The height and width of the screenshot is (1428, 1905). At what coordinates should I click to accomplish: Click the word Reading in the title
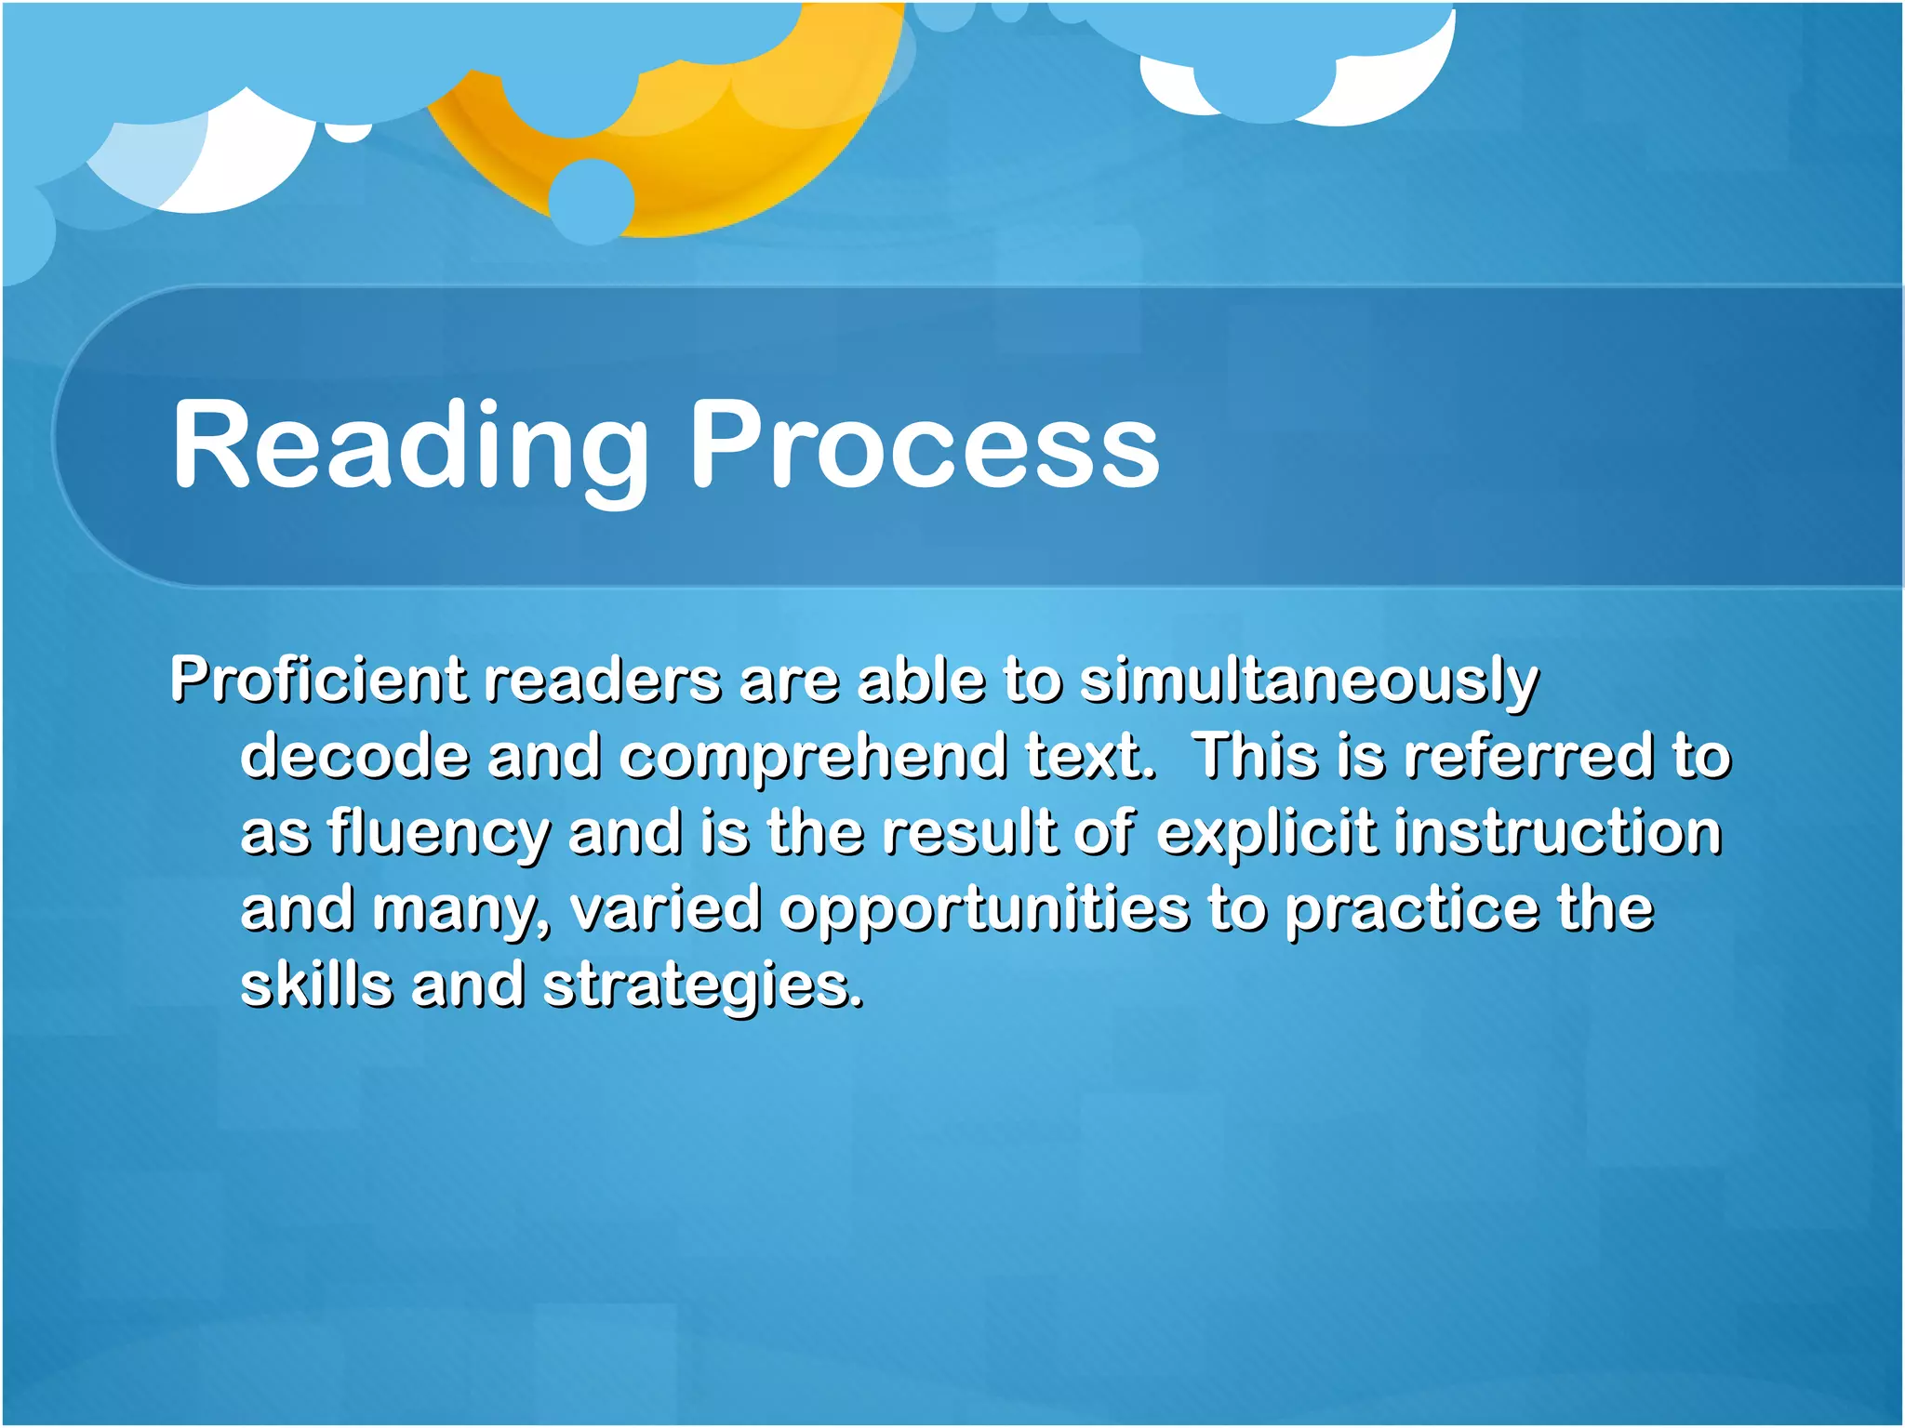coord(409,444)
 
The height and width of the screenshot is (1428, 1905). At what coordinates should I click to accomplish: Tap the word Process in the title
coord(925,444)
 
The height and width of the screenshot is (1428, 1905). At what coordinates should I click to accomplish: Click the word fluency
coord(438,834)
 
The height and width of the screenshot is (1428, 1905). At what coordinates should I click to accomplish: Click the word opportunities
coord(985,910)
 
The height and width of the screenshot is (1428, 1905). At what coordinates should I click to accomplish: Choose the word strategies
coord(702,986)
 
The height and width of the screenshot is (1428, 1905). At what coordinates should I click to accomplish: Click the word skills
coord(317,985)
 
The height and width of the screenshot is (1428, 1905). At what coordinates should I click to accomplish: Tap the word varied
coord(666,908)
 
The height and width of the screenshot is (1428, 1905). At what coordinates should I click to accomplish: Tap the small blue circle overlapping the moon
coord(592,201)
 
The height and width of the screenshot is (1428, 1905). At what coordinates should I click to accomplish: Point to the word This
coord(1256,756)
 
